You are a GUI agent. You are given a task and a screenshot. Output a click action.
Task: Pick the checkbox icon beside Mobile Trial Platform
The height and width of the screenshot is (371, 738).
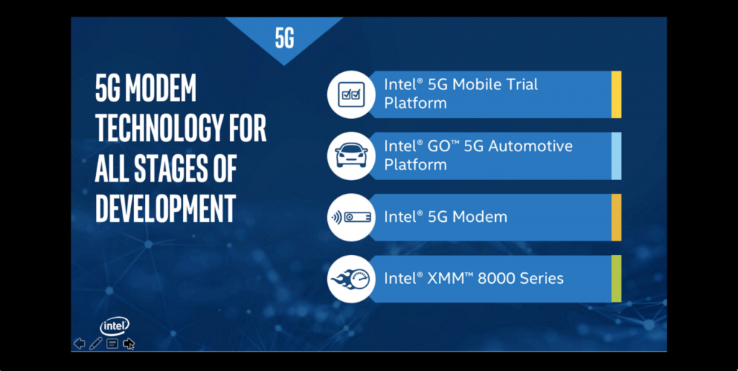[x=351, y=94]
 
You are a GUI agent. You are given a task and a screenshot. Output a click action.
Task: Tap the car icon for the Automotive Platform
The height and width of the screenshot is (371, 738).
[x=351, y=156]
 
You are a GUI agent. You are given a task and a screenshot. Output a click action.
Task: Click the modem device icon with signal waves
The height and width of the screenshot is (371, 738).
[x=351, y=217]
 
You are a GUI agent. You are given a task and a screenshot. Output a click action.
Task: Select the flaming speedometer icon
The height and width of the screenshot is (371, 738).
[x=351, y=278]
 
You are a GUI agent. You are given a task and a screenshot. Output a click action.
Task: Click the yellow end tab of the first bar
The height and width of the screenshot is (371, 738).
[x=616, y=94]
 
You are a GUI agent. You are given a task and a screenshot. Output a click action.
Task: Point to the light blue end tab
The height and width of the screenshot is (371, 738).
[x=616, y=156]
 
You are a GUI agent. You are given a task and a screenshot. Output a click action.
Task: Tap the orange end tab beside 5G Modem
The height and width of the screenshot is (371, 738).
[x=616, y=217]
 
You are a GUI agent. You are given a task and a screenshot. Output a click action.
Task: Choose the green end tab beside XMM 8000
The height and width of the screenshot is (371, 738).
[x=616, y=278]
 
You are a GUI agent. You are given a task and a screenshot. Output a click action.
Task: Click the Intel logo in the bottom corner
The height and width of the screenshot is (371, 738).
[x=115, y=326]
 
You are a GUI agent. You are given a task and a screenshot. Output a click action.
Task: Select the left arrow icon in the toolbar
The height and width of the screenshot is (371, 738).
[x=79, y=344]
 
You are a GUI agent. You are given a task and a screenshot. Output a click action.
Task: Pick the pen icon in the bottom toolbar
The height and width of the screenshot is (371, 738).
[x=96, y=344]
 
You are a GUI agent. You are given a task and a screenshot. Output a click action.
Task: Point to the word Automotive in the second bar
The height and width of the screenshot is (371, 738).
[x=530, y=146]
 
